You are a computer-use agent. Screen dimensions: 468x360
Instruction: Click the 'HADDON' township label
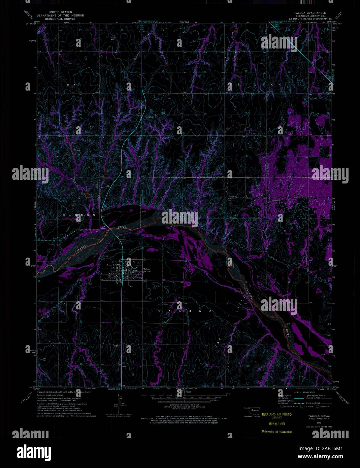(79, 215)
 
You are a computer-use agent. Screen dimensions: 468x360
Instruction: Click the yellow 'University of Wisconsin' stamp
(276, 431)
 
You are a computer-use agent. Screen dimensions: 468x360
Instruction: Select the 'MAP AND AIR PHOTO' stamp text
(277, 414)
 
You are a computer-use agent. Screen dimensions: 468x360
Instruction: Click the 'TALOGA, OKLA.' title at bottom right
(318, 416)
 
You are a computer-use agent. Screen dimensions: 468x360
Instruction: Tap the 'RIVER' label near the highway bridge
(122, 228)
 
